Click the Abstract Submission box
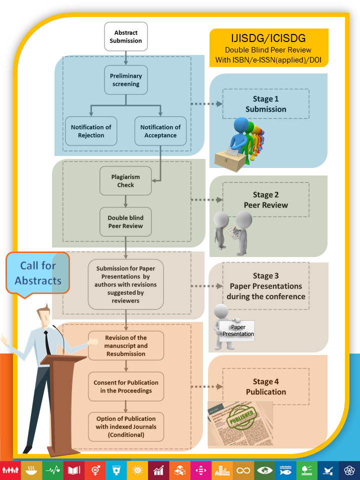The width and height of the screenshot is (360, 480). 126,36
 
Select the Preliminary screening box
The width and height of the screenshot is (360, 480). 126,80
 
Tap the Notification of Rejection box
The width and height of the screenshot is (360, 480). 91,131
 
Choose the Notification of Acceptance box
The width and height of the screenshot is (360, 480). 160,131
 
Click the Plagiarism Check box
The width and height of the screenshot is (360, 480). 126,181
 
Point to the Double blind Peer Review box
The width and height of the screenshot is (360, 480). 126,222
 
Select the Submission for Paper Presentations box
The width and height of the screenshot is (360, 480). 126,284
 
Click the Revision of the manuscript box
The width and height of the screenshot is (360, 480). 126,345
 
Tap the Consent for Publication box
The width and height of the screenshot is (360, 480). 126,386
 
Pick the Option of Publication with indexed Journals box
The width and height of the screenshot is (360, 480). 126,426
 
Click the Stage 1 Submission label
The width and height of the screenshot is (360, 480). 266,104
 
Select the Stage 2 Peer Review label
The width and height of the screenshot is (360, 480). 266,200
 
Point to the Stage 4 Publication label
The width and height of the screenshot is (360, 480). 266,386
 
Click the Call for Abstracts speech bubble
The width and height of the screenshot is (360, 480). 37,273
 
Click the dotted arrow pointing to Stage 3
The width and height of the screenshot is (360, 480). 207,286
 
